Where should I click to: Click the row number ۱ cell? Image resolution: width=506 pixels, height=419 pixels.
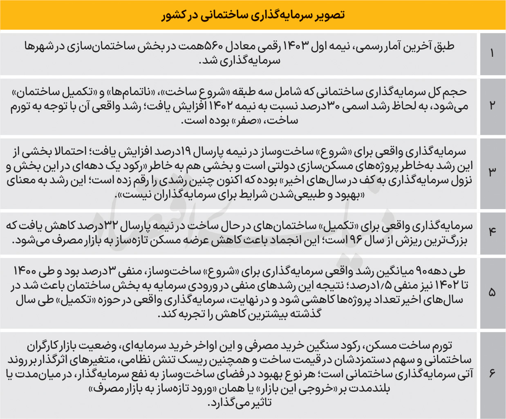[492, 53]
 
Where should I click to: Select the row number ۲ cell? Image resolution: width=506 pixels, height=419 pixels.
[492, 105]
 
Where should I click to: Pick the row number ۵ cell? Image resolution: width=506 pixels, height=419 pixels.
[492, 292]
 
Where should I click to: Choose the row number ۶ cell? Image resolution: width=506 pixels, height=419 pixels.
[492, 373]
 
